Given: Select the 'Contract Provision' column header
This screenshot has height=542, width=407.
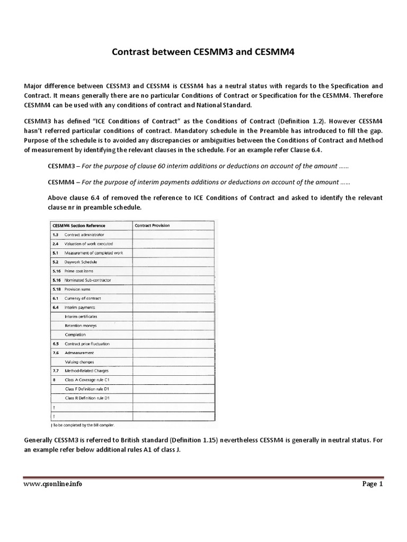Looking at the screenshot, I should (x=152, y=225).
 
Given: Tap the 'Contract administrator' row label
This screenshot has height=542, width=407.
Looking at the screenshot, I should (x=84, y=234).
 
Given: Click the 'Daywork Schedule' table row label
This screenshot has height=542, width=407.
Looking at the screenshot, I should (x=81, y=261).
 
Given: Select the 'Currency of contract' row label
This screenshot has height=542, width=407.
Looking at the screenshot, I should (x=83, y=298).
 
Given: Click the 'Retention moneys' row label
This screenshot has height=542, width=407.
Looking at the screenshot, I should (x=81, y=325).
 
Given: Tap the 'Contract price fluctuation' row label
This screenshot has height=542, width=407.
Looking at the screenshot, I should (x=87, y=344).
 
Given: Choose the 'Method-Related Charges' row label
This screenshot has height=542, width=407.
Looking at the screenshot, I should (x=86, y=371).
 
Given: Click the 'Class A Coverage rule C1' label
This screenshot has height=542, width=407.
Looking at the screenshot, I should (x=87, y=380).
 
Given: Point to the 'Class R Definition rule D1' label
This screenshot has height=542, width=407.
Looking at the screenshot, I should (x=87, y=398).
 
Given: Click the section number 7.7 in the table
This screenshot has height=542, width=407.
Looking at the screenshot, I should (x=56, y=371).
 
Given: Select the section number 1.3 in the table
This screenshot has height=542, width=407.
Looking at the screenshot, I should (x=56, y=234).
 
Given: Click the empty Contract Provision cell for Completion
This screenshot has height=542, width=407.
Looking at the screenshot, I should (x=173, y=335).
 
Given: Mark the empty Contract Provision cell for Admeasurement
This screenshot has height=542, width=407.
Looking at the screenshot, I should (x=173, y=353).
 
